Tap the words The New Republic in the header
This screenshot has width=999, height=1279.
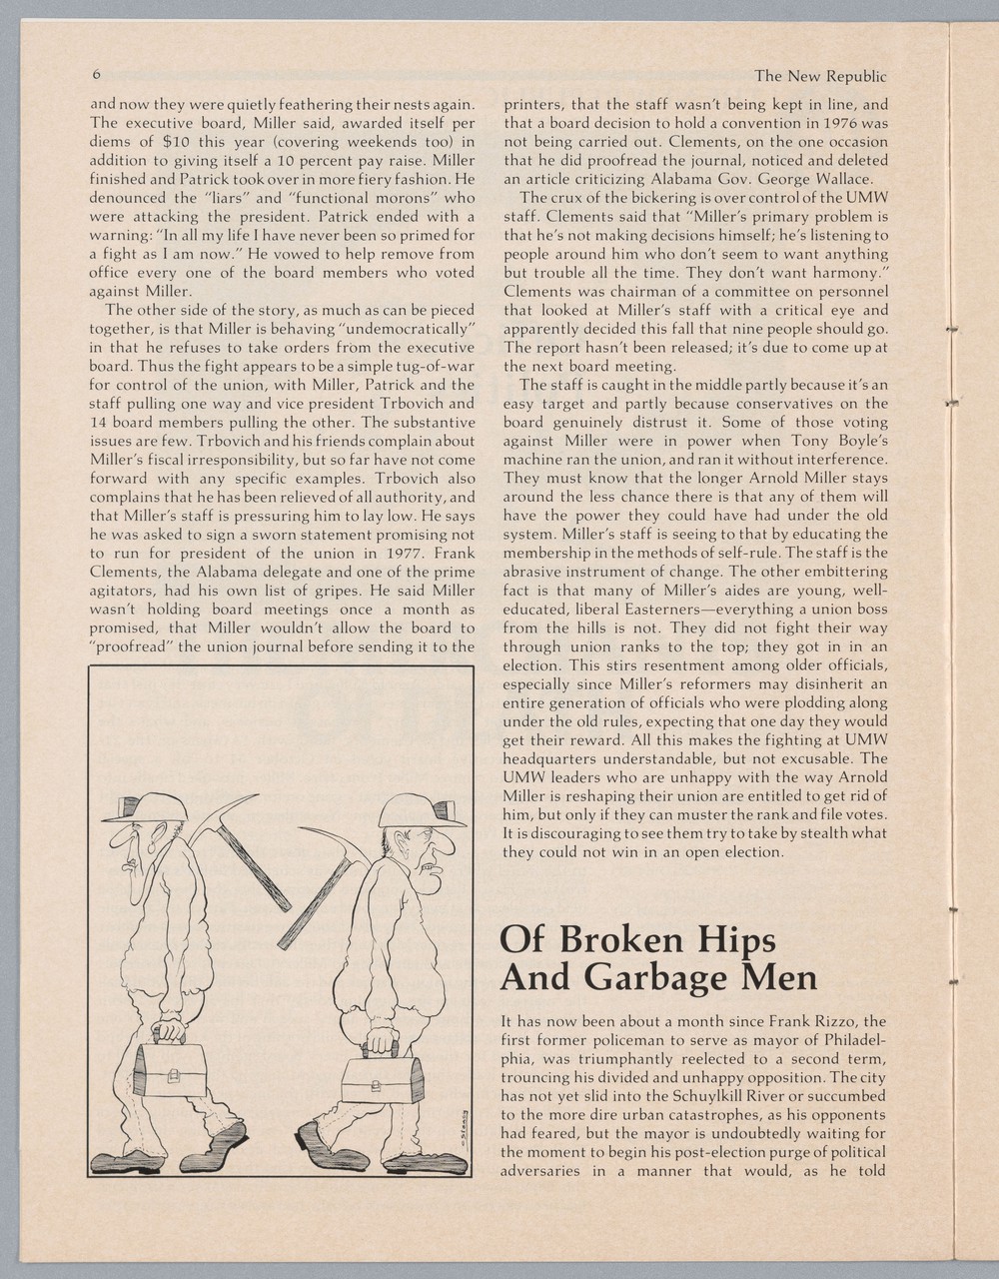(820, 76)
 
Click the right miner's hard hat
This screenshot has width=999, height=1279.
(424, 806)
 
